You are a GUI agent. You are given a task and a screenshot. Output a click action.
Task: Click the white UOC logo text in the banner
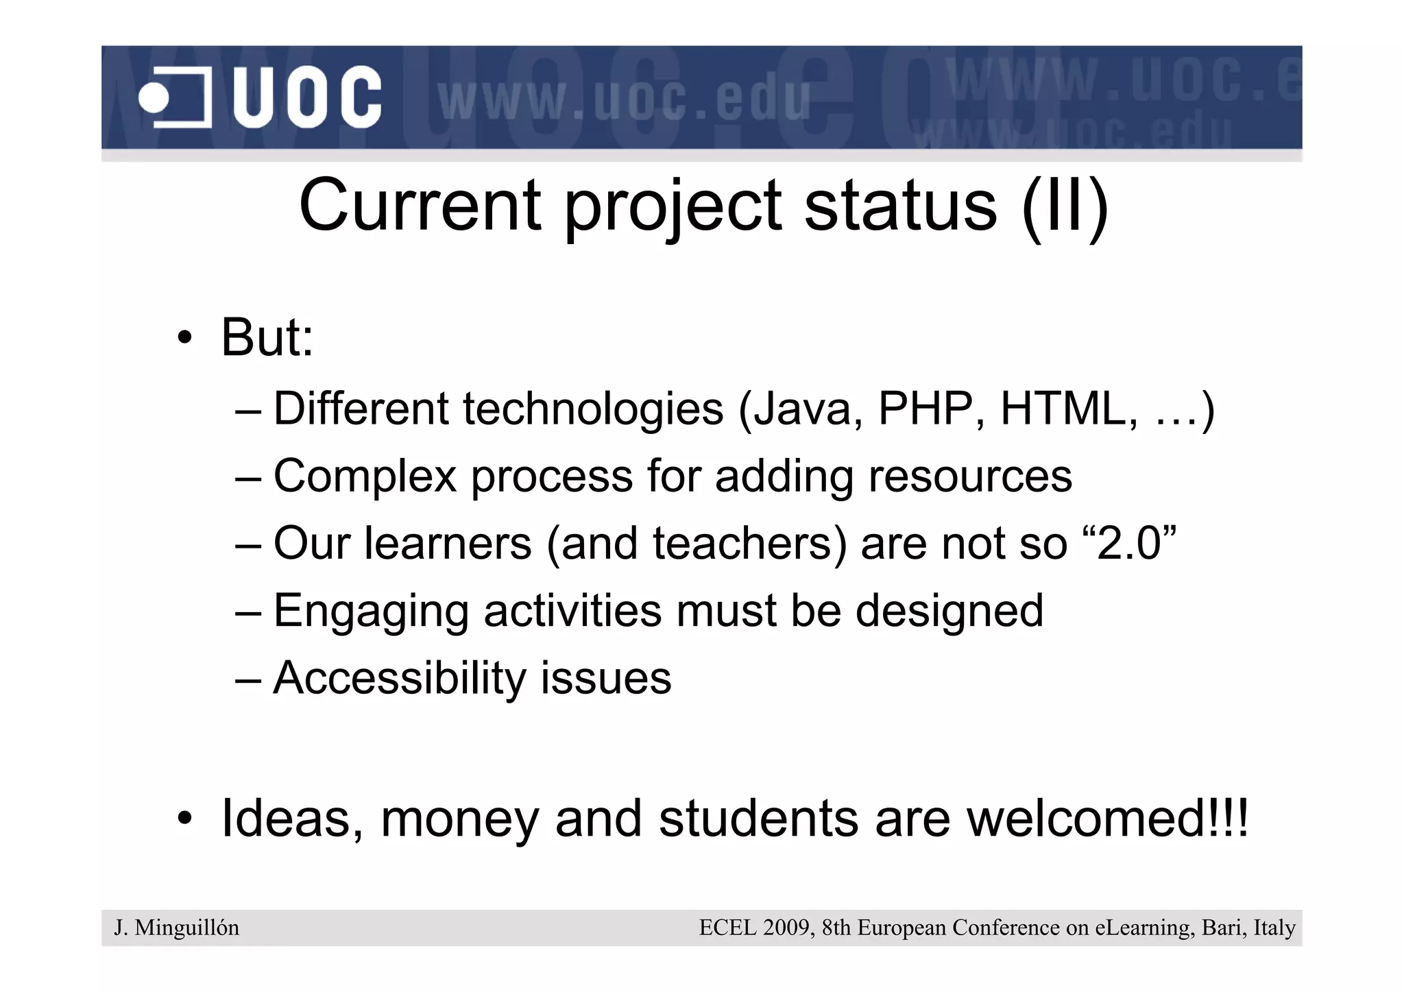(306, 97)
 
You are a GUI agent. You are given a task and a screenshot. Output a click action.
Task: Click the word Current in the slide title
(420, 206)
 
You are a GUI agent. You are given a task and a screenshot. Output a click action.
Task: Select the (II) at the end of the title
(1064, 206)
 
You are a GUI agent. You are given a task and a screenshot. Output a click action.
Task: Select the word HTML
(1061, 409)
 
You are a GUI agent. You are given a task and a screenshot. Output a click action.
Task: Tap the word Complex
(365, 476)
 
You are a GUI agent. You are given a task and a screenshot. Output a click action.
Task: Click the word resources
(969, 476)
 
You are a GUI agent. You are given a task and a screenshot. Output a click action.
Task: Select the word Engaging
(370, 611)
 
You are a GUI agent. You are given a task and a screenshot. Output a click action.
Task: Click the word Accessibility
(400, 678)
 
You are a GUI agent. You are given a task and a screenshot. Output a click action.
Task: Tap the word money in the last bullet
(459, 819)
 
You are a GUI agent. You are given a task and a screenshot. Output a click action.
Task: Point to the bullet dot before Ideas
(184, 819)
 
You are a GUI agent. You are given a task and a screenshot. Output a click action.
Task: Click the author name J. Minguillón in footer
(177, 928)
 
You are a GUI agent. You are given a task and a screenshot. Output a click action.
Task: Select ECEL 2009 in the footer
(755, 928)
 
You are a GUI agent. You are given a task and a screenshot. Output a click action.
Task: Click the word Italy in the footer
(1274, 928)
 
